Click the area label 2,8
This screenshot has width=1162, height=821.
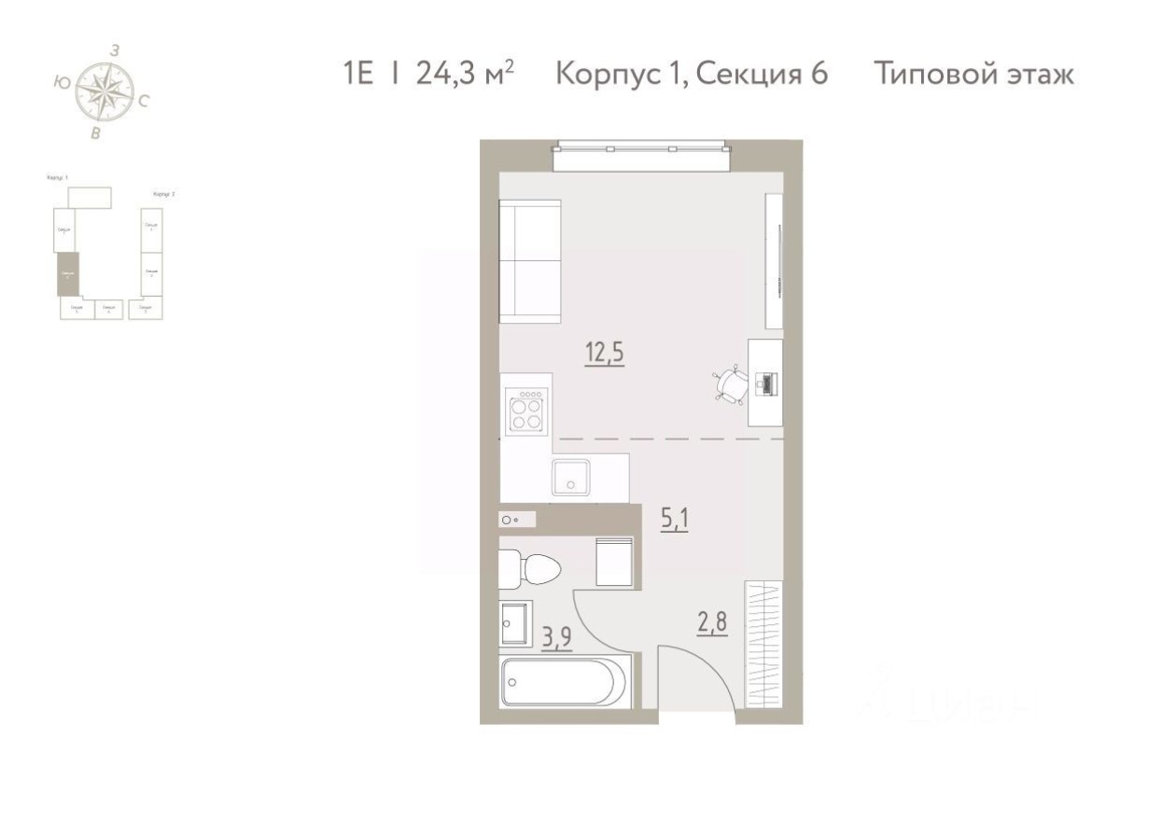[x=710, y=620]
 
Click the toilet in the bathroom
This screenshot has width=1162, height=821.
[x=527, y=568]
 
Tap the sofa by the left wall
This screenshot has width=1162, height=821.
[x=530, y=262]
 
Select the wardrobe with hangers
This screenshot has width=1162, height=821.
[x=763, y=645]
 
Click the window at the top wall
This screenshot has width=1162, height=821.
[x=640, y=156]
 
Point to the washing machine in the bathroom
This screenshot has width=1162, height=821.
[x=616, y=562]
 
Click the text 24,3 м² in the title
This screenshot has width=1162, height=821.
[x=464, y=74]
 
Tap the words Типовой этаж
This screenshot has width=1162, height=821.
[x=974, y=74]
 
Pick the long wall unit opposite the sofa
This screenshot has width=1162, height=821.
[x=774, y=261]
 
